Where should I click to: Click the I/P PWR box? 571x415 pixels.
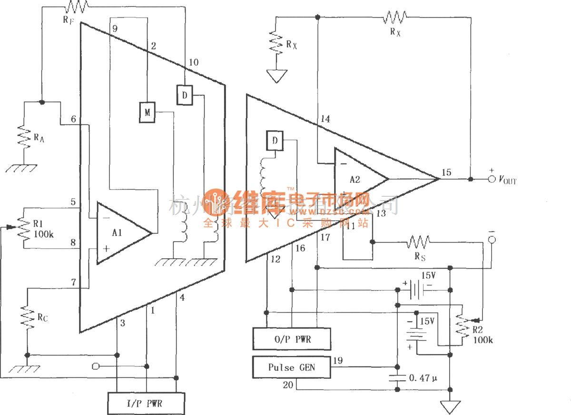(x=146, y=404)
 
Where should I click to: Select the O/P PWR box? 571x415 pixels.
(x=292, y=339)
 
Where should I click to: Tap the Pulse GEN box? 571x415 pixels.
(x=292, y=367)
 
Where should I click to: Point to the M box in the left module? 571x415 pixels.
(x=147, y=112)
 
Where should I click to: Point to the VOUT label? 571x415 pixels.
(x=508, y=181)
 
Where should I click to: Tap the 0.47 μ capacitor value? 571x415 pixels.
(x=423, y=378)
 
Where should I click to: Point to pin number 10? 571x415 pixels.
(x=194, y=62)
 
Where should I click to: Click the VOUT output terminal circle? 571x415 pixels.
(x=492, y=179)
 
